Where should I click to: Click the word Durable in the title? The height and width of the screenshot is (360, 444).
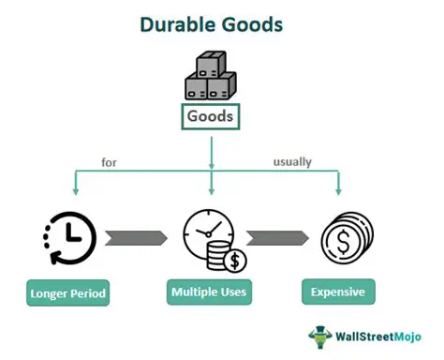click(178, 23)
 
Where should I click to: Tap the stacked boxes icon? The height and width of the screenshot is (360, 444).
click(211, 78)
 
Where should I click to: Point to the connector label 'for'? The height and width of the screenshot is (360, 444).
click(109, 162)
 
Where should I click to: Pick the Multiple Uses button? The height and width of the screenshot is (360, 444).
click(209, 292)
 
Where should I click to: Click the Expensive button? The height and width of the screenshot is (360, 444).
click(338, 292)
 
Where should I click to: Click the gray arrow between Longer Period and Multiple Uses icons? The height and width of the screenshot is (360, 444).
click(136, 238)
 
